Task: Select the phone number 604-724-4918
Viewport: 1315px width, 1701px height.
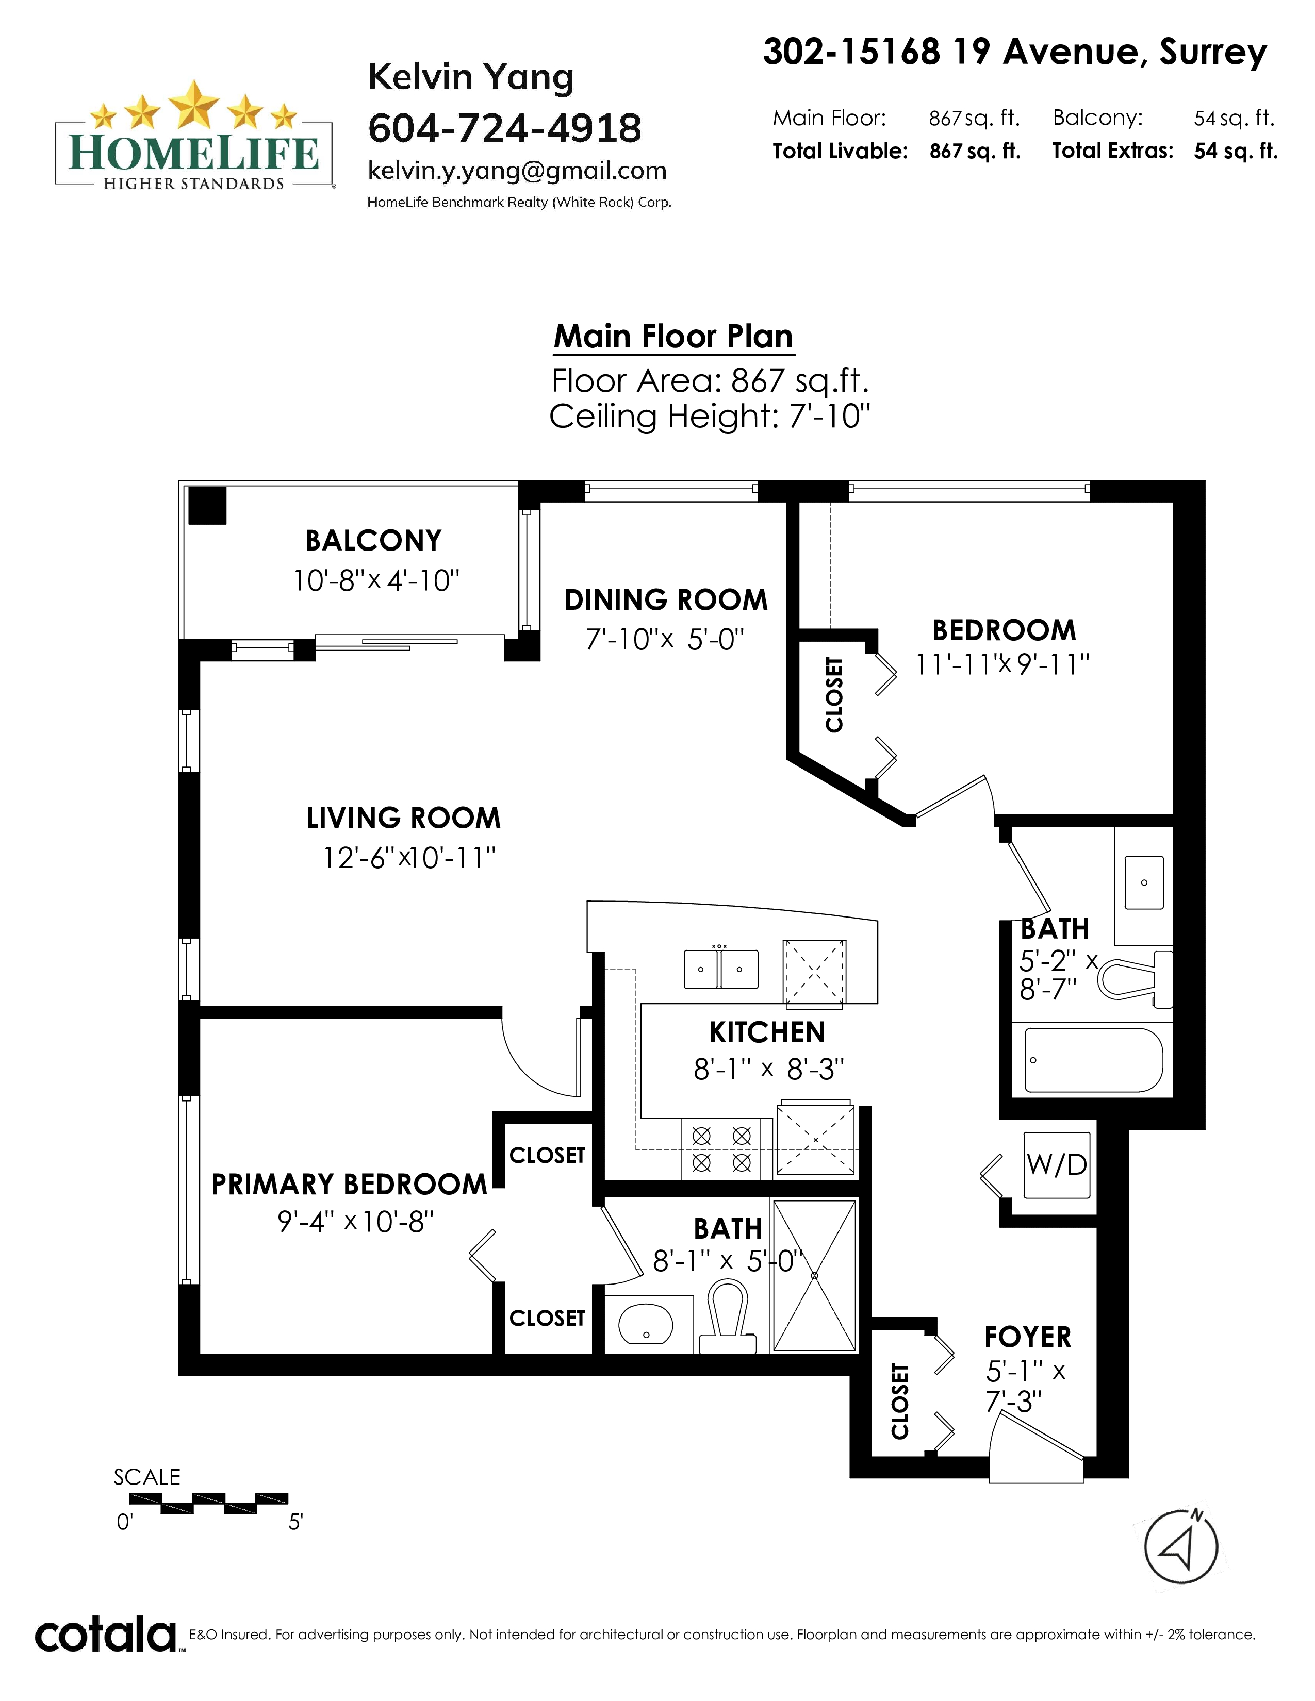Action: [505, 128]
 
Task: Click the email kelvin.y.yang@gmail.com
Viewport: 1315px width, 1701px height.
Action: [517, 171]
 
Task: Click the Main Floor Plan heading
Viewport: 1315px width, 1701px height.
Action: [673, 337]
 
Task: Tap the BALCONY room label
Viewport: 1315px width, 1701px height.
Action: [373, 541]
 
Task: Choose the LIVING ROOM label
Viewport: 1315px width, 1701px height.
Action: [403, 818]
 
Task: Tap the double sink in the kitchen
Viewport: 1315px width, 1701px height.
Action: [720, 968]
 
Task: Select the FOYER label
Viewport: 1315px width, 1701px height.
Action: [1028, 1337]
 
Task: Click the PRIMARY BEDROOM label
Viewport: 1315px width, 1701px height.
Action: [349, 1185]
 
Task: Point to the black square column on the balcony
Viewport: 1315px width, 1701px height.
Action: [207, 506]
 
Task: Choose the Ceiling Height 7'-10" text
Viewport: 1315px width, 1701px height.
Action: [710, 416]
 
